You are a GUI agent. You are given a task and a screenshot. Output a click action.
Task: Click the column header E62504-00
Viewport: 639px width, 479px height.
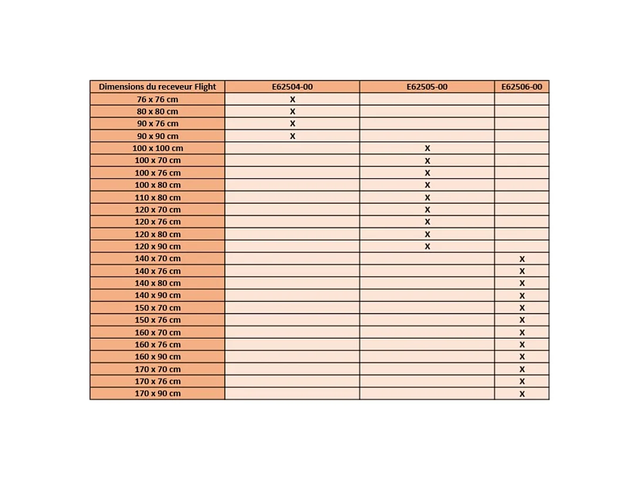[292, 87]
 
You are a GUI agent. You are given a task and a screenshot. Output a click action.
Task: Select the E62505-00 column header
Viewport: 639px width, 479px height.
[427, 87]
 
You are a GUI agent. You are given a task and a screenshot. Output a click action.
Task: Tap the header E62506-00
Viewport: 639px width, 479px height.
[522, 87]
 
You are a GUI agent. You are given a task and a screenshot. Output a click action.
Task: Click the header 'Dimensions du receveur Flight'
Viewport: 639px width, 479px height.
[157, 87]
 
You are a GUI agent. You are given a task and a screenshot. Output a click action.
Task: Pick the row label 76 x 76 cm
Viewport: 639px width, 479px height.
[157, 99]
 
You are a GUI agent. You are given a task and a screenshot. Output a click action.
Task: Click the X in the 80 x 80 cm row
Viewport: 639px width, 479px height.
[292, 112]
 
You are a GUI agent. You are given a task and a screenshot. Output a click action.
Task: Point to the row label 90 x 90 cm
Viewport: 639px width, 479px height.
[157, 136]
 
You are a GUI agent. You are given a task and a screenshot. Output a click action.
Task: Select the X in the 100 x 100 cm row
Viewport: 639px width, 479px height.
[428, 149]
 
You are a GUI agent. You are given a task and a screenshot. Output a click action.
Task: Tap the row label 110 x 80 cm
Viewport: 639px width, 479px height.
[157, 197]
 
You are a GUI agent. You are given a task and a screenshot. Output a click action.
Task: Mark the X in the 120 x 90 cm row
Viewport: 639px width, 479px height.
[428, 247]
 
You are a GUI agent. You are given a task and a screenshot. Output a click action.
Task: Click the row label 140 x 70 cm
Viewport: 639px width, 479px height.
[157, 258]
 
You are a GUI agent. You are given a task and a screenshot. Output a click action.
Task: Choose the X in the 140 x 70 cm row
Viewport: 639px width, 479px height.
[522, 259]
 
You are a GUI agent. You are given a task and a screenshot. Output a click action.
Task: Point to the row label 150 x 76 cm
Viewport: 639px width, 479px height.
[157, 320]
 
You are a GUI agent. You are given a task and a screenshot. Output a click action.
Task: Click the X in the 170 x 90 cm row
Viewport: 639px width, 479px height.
[522, 394]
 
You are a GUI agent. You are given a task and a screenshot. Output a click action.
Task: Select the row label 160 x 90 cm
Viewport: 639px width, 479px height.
[157, 356]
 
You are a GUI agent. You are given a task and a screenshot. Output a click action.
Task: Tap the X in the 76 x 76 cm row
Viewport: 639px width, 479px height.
[292, 100]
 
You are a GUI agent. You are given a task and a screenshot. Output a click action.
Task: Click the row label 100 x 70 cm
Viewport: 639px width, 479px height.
[157, 160]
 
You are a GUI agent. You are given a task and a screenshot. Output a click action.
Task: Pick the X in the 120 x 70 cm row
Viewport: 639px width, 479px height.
[428, 210]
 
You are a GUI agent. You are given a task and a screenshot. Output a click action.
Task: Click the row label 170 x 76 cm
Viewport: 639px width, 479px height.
[157, 381]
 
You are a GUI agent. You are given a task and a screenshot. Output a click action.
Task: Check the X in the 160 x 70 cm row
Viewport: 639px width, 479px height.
[522, 333]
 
